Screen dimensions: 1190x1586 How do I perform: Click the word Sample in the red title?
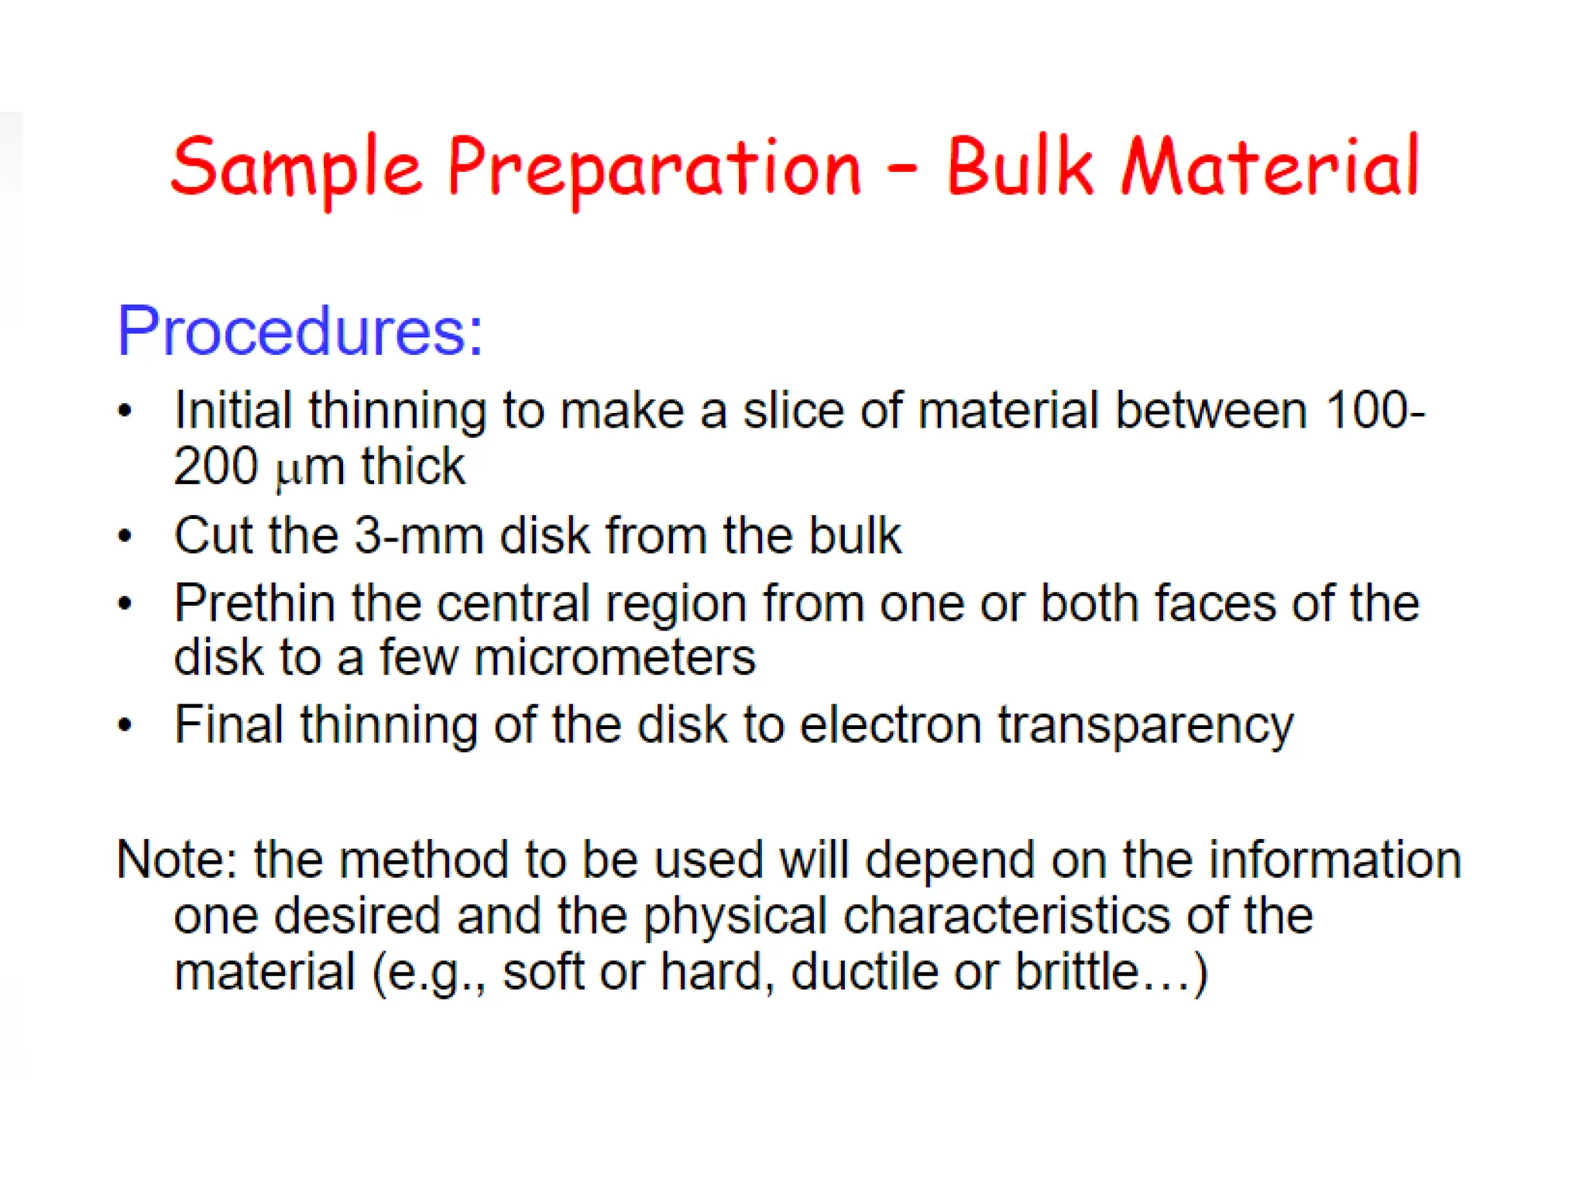(297, 167)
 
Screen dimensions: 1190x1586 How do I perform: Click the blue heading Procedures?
(300, 331)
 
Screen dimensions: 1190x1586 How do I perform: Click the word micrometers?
(614, 658)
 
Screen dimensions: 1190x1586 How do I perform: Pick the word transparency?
(1145, 725)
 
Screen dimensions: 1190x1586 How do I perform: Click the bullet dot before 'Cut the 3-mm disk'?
(125, 535)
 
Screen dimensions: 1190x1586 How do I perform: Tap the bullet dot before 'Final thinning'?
(125, 725)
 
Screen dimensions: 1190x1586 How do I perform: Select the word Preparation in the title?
(654, 167)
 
